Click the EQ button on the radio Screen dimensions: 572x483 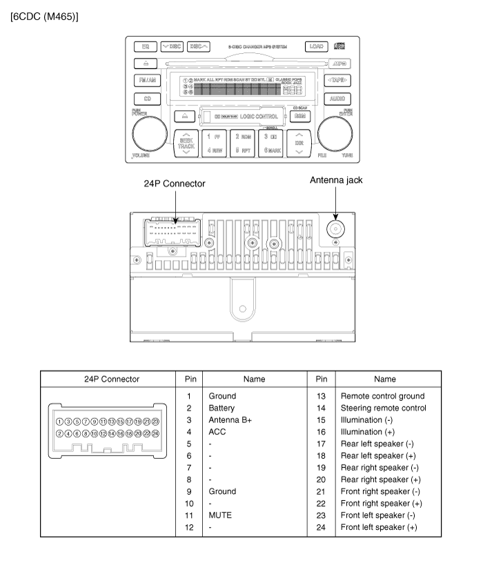point(146,47)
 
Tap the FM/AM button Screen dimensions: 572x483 point(146,80)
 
